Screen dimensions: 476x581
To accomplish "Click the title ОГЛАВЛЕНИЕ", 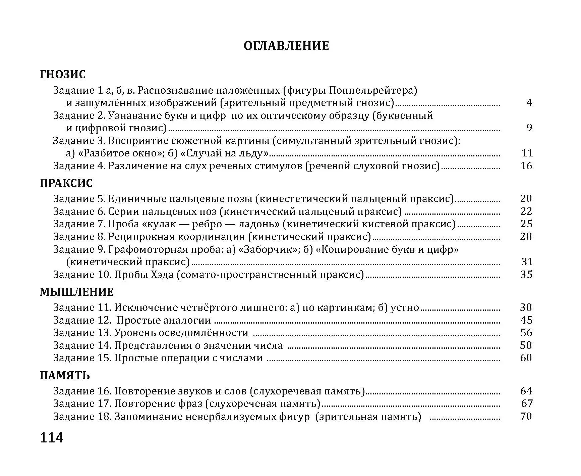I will (286, 46).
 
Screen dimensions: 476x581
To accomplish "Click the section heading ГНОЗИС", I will (63, 75).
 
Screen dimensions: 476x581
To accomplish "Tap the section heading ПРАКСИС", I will (66, 183).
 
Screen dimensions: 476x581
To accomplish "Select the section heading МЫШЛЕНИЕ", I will (76, 292).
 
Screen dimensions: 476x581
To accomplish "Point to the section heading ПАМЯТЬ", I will (65, 375).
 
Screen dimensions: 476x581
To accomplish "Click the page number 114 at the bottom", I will (52, 438).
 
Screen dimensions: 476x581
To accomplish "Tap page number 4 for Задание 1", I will (529, 103).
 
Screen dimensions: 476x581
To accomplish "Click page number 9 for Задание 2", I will (529, 128).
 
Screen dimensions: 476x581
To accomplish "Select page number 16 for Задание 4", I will (527, 165).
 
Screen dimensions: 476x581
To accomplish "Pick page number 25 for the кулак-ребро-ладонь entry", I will (526, 224).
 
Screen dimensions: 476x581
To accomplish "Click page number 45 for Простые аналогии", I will (526, 320).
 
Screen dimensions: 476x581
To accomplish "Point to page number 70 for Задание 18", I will (526, 417).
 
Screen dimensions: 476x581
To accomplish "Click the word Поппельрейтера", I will (372, 91).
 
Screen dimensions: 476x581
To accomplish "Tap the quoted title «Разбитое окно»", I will (120, 153).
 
